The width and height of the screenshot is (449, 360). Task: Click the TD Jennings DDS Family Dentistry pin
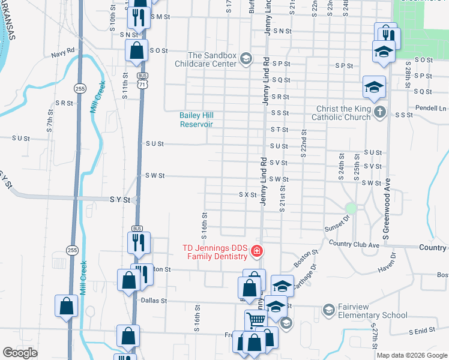click(256, 251)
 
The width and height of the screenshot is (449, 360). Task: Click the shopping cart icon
click(255, 320)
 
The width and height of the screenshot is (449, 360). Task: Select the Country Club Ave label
click(355, 244)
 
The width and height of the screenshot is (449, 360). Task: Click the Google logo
click(20, 353)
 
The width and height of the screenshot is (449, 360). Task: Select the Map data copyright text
click(412, 355)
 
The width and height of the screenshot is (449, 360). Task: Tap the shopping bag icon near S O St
click(136, 50)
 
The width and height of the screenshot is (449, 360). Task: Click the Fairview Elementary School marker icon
click(328, 310)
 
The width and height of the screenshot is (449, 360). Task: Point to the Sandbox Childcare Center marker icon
click(246, 59)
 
